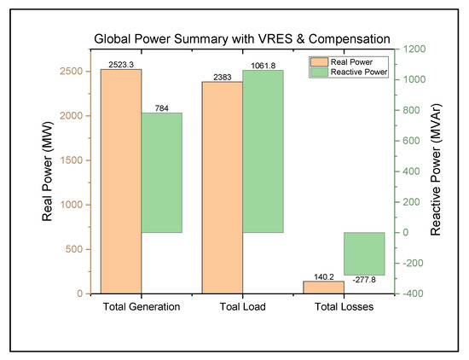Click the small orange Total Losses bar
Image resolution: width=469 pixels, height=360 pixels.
coord(323,287)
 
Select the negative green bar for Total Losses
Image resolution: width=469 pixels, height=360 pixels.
coord(364,253)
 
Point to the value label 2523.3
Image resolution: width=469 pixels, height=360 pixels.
coord(121,64)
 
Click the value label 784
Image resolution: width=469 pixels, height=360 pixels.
coord(162,107)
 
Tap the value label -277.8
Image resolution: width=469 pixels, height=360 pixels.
coord(364,280)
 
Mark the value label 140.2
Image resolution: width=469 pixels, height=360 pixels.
coord(323,276)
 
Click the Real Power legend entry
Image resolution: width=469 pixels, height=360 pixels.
coord(346,62)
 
